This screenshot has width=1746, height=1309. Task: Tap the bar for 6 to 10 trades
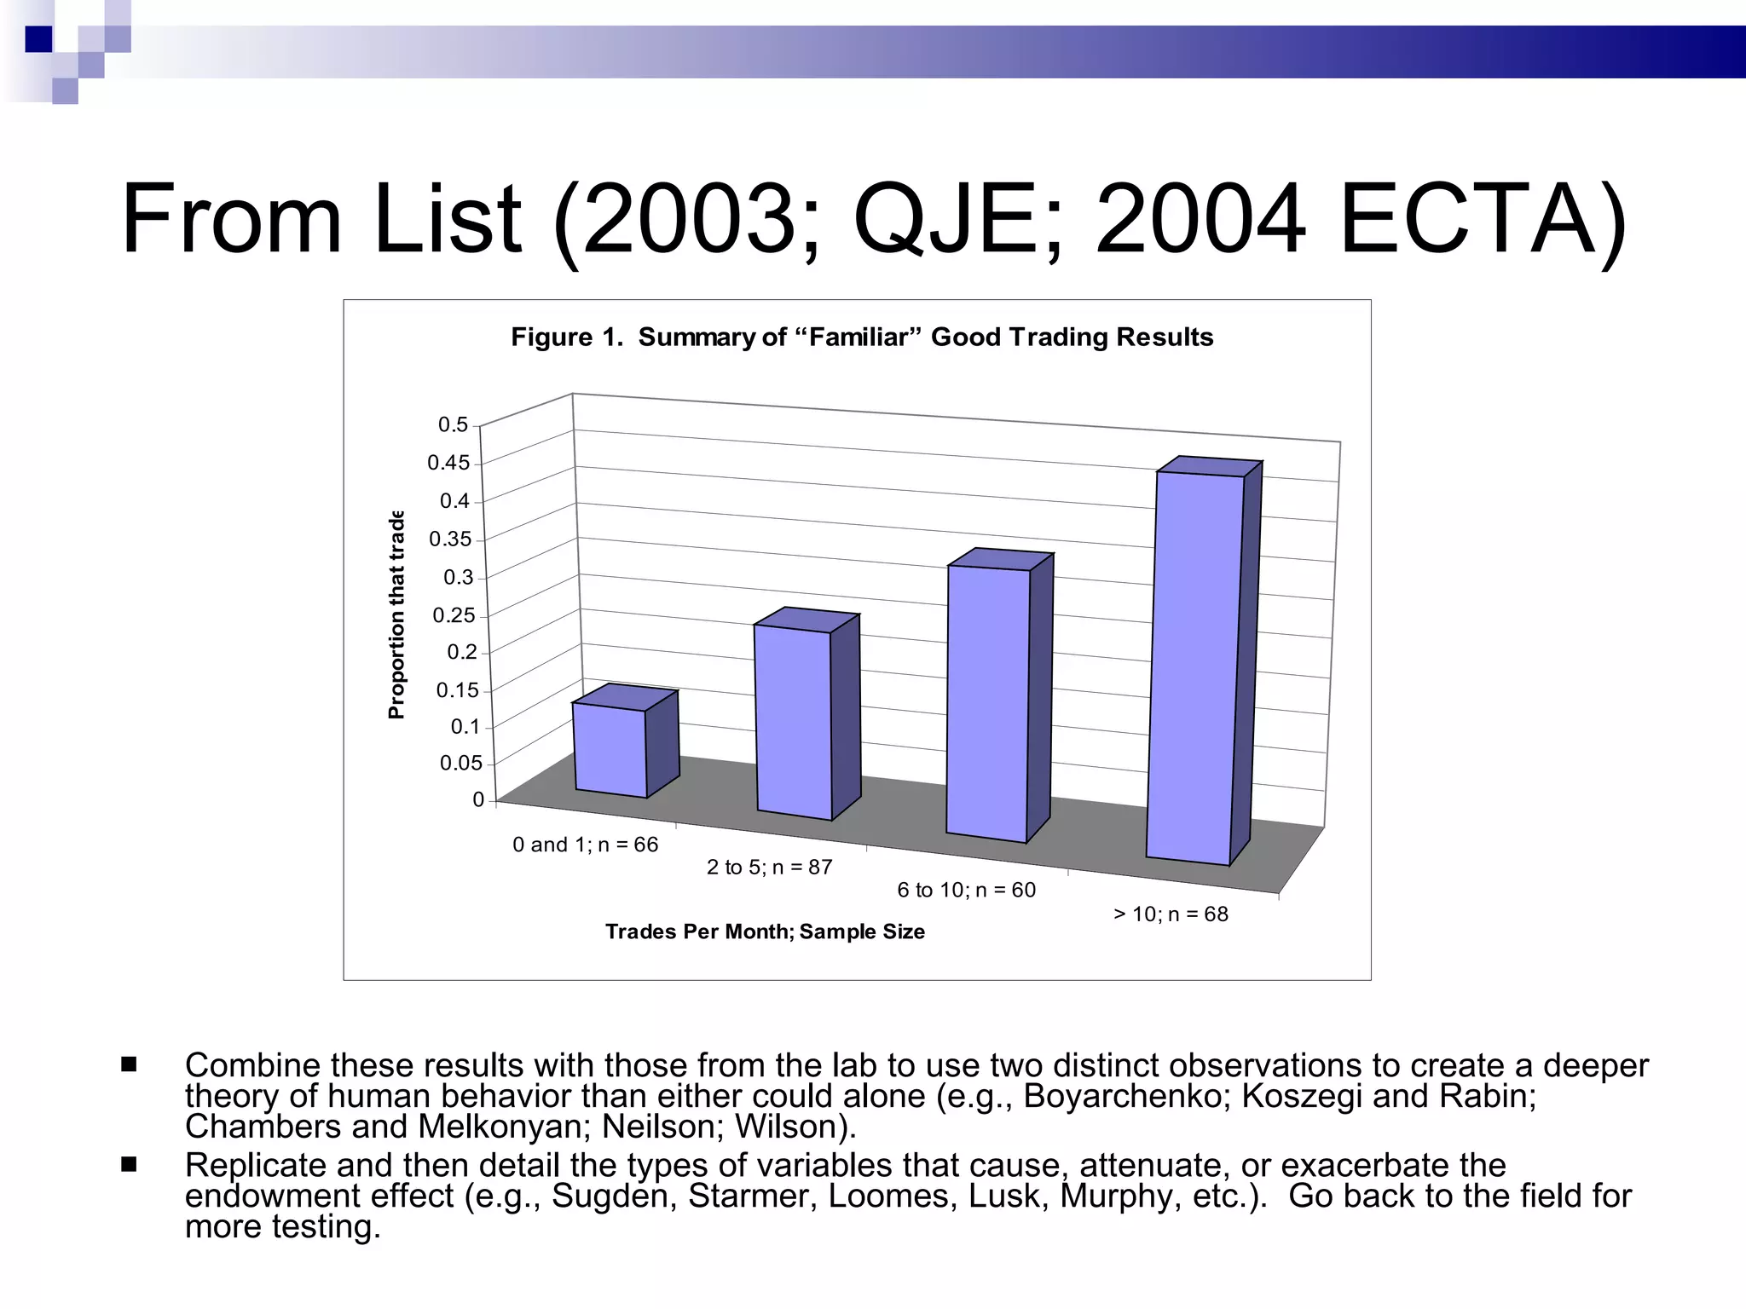coord(988,702)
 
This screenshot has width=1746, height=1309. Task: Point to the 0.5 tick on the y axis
coord(453,424)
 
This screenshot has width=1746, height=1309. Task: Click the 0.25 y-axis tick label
coord(454,615)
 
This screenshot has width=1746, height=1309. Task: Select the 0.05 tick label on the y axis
coord(460,763)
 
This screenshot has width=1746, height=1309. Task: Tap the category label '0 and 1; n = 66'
coord(586,845)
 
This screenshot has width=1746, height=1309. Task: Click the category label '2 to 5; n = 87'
coord(769,868)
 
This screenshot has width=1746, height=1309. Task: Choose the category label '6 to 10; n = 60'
coord(966,891)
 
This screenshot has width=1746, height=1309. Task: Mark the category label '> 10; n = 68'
coord(1171,914)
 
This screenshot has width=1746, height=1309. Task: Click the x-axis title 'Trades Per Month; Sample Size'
coord(765,931)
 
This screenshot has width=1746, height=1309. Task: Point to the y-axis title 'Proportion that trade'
coord(396,615)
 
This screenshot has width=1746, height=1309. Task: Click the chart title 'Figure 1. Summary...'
coord(862,337)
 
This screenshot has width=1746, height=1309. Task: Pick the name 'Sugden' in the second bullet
coord(613,1196)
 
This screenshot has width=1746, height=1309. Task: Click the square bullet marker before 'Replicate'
coord(130,1163)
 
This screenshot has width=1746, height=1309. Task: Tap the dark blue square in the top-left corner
coord(38,39)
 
